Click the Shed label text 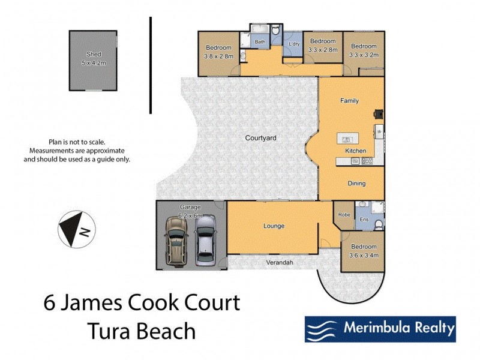point(93,53)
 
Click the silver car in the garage point(205,241)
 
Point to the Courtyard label point(260,138)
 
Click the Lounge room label point(273,226)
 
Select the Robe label point(344,214)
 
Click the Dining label point(357,184)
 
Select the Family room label point(349,101)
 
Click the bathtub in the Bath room point(259,29)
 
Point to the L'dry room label point(294,44)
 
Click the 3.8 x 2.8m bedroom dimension point(218,56)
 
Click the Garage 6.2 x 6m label point(191,210)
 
